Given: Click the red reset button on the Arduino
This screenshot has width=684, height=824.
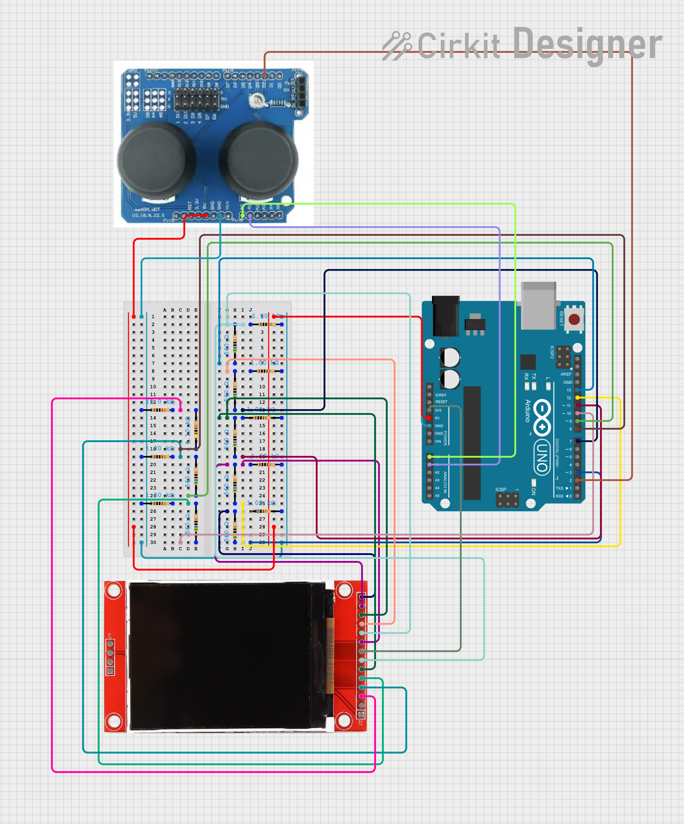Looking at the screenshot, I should [574, 319].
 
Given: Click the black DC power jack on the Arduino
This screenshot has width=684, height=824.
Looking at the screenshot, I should [446, 316].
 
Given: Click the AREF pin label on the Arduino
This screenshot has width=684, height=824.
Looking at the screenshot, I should [565, 374].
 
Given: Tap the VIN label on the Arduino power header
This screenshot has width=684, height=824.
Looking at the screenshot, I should [438, 442].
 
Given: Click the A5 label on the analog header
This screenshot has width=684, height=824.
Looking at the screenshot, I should [437, 496].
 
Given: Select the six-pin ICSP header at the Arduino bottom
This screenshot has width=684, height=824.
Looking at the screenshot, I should [507, 500].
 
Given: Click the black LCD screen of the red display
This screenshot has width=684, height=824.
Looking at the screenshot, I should [220, 655].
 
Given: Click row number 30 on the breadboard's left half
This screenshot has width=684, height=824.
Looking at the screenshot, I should [153, 542].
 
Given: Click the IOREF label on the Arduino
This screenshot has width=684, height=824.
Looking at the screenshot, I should [441, 395].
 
